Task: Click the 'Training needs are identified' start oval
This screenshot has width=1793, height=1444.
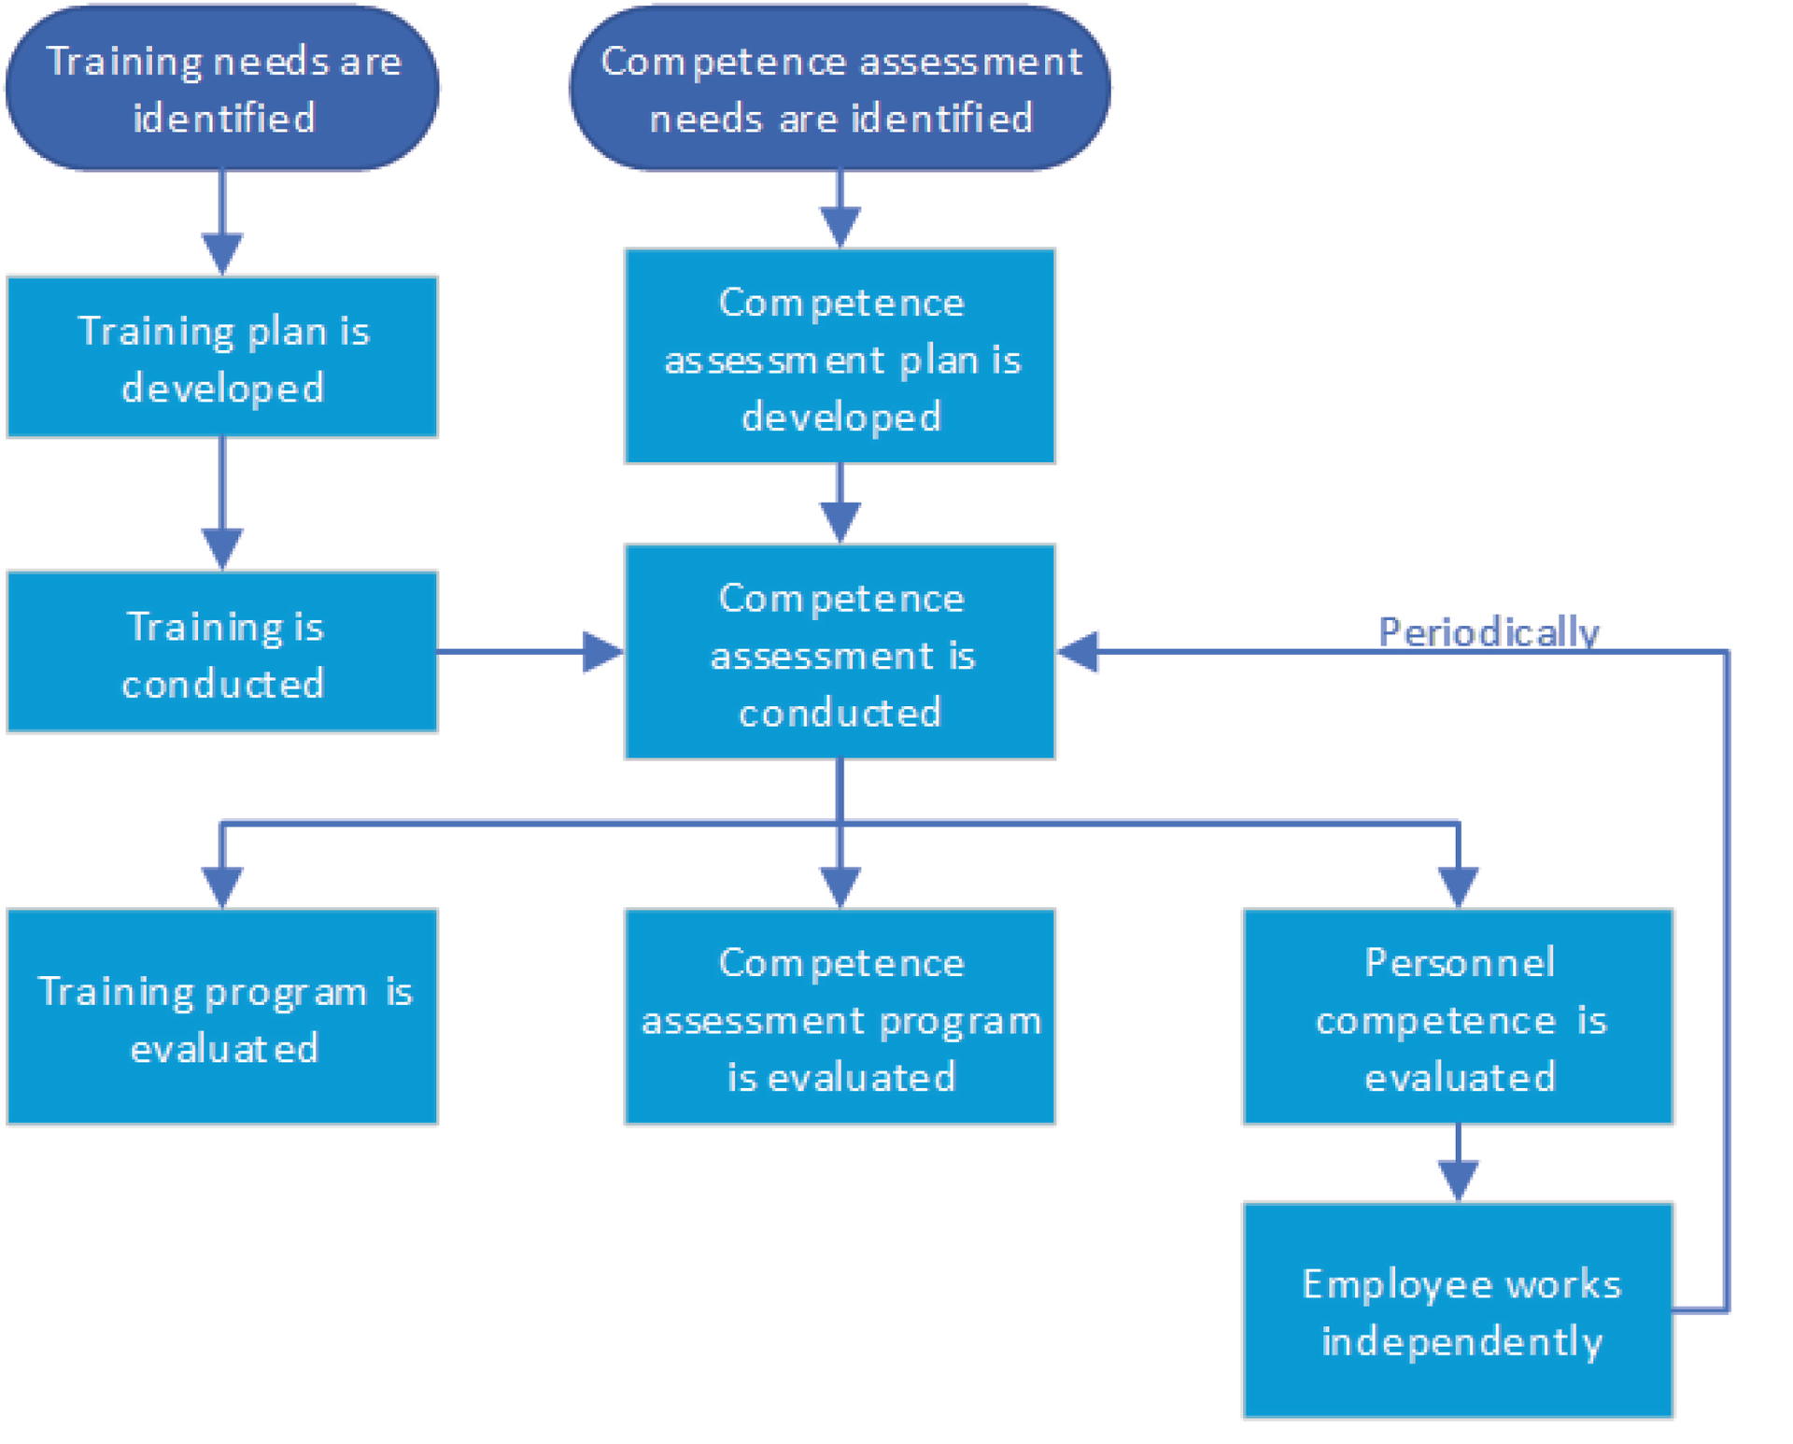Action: [x=222, y=88]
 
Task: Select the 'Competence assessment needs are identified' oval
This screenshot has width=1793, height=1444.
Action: [x=840, y=88]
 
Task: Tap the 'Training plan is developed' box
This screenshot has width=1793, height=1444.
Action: [x=222, y=357]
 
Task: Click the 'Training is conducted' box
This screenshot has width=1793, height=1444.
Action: [x=222, y=652]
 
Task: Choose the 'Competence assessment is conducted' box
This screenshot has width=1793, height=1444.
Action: [x=840, y=652]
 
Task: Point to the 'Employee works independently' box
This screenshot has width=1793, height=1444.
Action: [x=1458, y=1310]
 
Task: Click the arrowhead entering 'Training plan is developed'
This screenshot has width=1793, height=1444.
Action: [x=222, y=252]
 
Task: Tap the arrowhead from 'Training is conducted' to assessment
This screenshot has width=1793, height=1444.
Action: [x=602, y=652]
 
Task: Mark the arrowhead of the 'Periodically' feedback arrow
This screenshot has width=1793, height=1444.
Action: [x=1079, y=652]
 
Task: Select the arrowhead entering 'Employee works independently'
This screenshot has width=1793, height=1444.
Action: [x=1458, y=1179]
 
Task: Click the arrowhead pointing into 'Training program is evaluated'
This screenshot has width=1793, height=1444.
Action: [x=222, y=885]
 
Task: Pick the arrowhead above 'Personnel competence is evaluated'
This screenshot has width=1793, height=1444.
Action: [x=1458, y=885]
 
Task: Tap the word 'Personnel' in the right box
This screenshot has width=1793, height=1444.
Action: [x=1460, y=962]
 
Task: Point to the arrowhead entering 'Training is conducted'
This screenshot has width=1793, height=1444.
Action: [x=222, y=547]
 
